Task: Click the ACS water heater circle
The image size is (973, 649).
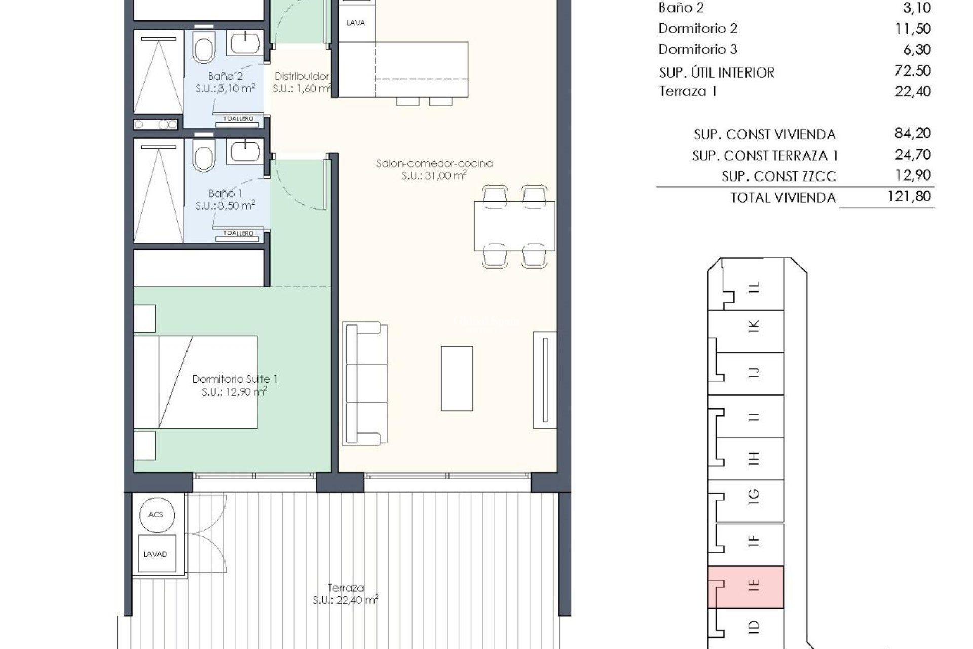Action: (156, 515)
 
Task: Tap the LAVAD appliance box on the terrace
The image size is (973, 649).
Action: (155, 554)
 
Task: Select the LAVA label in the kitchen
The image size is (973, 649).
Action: (355, 23)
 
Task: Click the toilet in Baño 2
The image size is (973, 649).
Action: (204, 49)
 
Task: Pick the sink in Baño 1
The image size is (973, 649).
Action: (246, 151)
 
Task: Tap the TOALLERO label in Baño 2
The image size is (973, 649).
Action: (239, 119)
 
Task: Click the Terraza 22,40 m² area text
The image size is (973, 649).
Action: (346, 594)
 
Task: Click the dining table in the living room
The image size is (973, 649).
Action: (514, 226)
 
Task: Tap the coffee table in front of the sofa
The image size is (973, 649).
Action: (457, 378)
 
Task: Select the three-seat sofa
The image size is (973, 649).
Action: (365, 383)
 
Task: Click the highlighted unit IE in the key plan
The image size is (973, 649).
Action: (746, 587)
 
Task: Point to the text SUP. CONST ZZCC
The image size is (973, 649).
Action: (778, 176)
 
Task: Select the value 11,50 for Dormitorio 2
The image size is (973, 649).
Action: (913, 28)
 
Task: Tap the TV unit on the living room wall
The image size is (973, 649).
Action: (545, 380)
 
